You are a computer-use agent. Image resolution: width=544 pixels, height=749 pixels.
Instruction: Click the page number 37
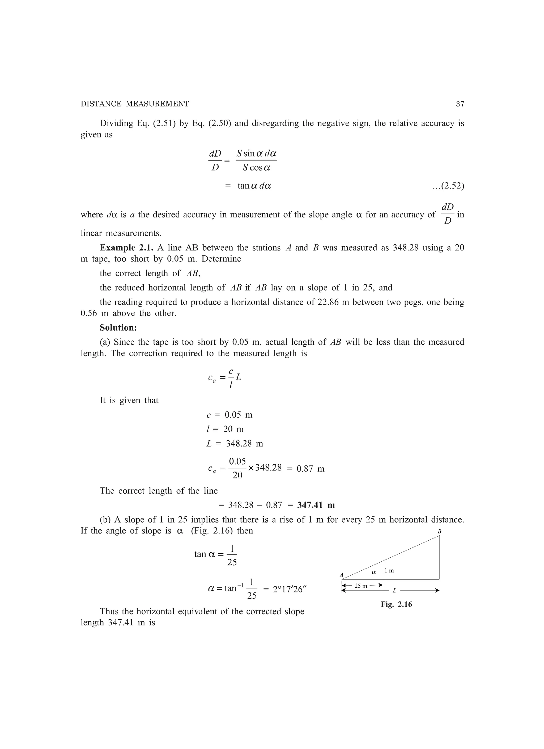tap(460, 104)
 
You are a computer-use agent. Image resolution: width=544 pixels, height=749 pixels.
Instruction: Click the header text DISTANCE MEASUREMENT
tap(135, 104)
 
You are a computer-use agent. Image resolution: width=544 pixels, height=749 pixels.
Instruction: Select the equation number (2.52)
tap(448, 186)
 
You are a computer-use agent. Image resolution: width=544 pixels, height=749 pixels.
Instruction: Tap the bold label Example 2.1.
tap(126, 248)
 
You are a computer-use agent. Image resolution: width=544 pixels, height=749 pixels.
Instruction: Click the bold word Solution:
tap(118, 328)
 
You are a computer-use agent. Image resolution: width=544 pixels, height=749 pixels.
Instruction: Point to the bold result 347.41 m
tap(316, 505)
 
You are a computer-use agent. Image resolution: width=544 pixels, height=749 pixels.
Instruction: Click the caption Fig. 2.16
tap(396, 604)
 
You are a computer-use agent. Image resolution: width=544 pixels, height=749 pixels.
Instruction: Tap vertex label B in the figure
tap(439, 532)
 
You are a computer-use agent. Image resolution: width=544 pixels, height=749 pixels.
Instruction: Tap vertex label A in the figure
tap(342, 575)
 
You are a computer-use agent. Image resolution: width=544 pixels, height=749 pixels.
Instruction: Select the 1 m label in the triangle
tap(389, 570)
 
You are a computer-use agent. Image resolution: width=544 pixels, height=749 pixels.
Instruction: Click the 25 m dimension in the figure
tap(360, 586)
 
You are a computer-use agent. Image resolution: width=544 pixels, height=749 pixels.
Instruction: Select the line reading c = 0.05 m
tap(229, 415)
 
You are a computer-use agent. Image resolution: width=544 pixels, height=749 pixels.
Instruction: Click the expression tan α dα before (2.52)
tap(254, 186)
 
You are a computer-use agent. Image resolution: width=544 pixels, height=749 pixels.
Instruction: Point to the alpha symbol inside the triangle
tap(374, 572)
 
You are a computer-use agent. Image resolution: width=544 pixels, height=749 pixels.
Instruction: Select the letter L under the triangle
tap(394, 591)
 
